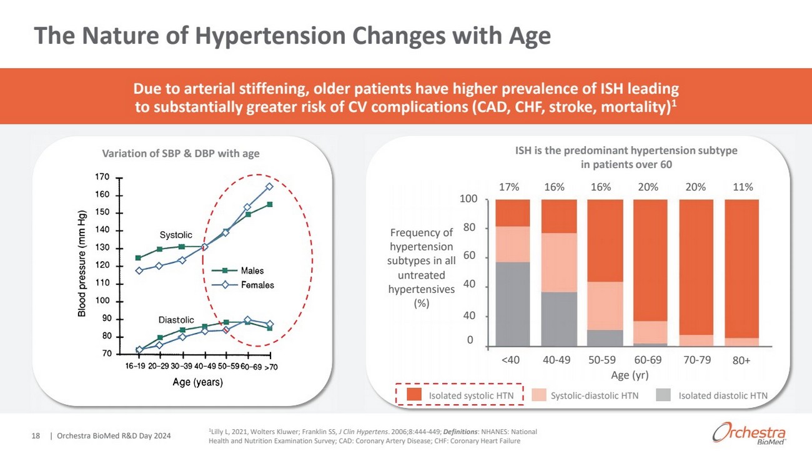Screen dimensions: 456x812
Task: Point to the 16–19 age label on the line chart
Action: click(136, 367)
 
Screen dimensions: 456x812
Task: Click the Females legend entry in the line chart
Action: click(258, 285)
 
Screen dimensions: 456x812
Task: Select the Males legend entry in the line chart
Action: click(252, 270)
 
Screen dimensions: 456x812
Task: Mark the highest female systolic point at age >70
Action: click(269, 186)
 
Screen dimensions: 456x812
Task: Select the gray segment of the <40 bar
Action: click(512, 304)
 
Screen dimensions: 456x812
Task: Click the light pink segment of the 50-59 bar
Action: click(604, 305)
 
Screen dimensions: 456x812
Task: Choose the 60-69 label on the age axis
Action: click(650, 360)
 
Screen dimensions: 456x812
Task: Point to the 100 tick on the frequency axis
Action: click(469, 199)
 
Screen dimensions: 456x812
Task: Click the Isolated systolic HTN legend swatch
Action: click(415, 395)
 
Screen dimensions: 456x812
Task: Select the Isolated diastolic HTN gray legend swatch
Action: click(666, 395)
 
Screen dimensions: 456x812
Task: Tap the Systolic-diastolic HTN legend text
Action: click(594, 395)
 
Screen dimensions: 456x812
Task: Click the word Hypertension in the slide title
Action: click(273, 36)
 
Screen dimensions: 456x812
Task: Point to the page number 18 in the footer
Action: click(36, 435)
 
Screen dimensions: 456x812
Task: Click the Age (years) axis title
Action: click(197, 382)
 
